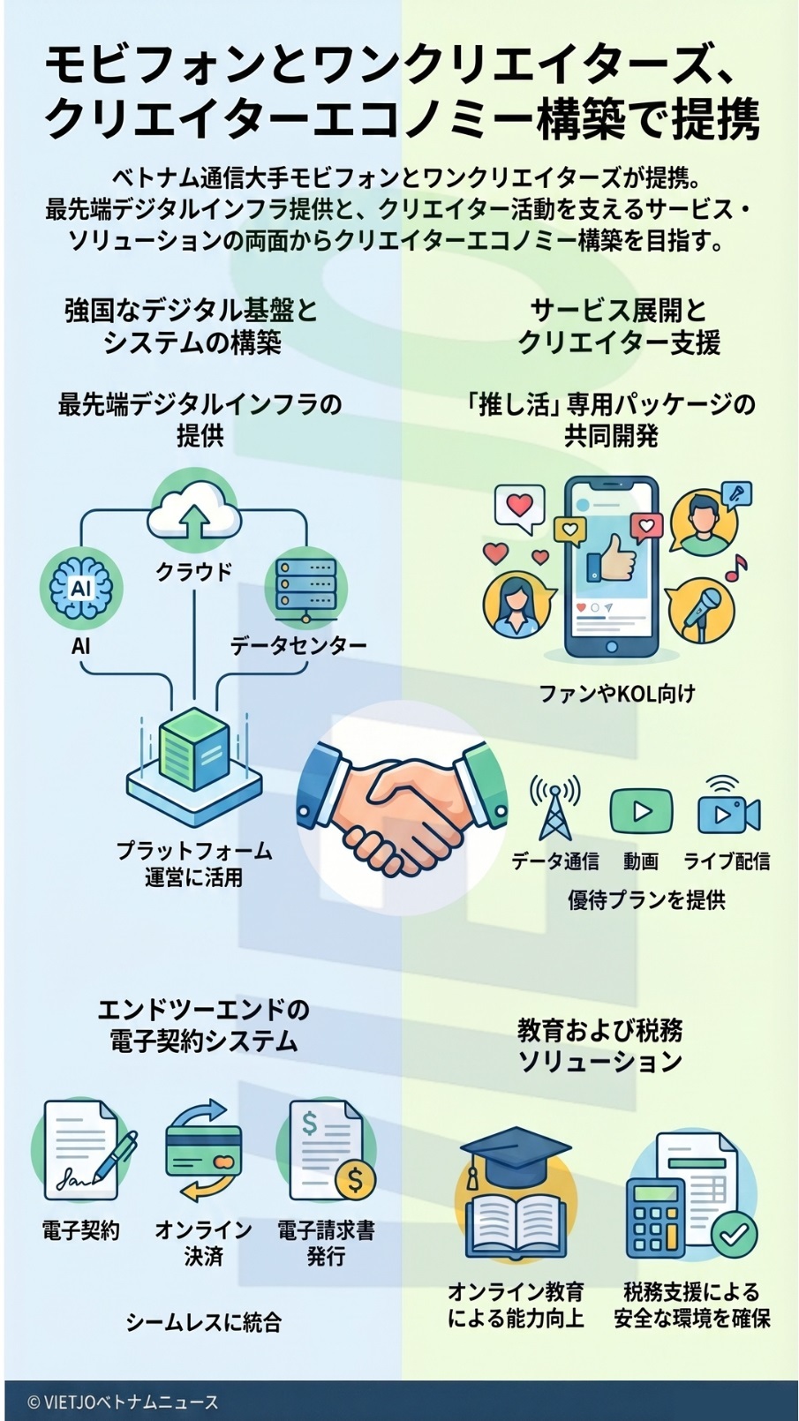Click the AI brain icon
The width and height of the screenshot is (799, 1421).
pos(81,586)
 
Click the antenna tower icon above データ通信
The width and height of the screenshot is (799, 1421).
pos(554,807)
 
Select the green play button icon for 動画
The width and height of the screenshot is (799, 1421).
pos(641,811)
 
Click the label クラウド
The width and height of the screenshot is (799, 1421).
pos(194,572)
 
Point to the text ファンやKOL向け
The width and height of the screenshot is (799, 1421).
pos(617,694)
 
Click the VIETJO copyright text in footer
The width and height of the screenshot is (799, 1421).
pos(124,1402)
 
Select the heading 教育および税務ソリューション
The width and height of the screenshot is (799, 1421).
pos(599,1045)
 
